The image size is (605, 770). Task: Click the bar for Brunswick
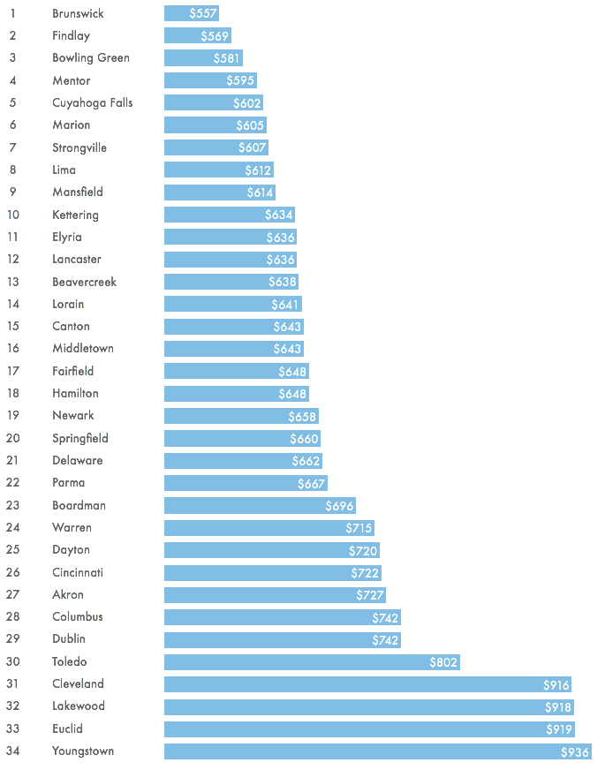[192, 13]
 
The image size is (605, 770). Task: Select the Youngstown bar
[378, 751]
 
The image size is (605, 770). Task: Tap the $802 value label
[443, 662]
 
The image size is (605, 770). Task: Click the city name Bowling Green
[91, 58]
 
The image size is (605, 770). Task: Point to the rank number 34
[12, 751]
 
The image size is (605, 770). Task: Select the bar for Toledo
[312, 662]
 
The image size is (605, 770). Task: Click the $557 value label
[203, 13]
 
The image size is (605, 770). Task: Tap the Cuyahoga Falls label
[93, 102]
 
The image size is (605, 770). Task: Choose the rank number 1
[12, 13]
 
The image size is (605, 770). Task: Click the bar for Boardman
[260, 505]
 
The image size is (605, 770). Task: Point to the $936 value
[575, 751]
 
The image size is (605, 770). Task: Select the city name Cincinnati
[78, 572]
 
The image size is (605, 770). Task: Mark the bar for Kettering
[230, 215]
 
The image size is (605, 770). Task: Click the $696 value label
[339, 506]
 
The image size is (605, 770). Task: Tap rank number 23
[12, 505]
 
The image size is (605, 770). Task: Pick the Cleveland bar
[367, 684]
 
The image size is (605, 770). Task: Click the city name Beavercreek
[85, 282]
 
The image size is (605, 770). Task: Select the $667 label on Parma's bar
[312, 484]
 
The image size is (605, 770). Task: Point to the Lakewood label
[79, 706]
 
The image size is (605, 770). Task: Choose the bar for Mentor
[211, 80]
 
